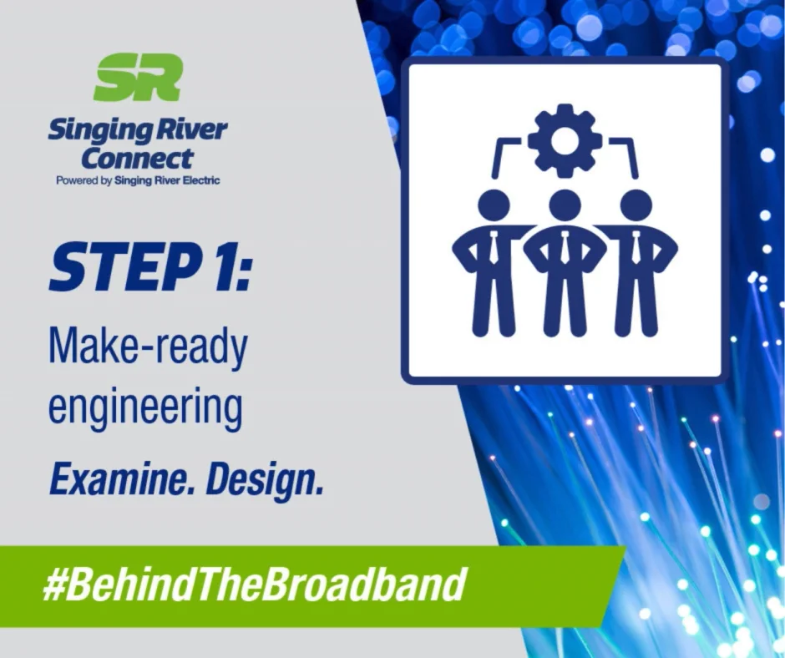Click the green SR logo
(138, 77)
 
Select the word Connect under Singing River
(137, 157)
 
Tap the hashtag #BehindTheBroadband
(253, 585)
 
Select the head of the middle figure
(565, 205)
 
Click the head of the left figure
(494, 205)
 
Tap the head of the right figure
(636, 205)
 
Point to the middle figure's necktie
(565, 247)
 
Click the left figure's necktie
(494, 247)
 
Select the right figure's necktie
(636, 247)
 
